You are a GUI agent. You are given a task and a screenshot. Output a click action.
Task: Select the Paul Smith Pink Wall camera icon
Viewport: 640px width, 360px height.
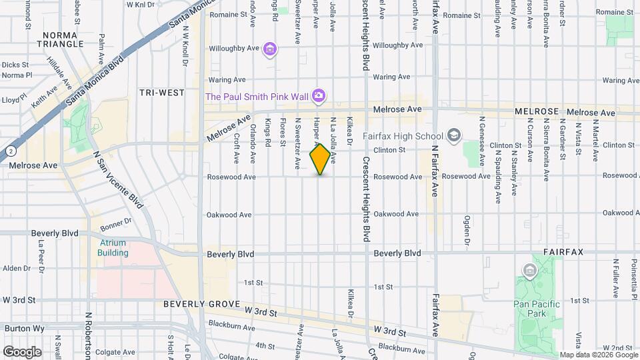tap(319, 97)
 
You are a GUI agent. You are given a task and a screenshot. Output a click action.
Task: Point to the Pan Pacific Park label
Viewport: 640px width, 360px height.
tap(537, 309)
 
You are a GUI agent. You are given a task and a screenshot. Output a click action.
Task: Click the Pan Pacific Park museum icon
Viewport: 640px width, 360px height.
tap(530, 271)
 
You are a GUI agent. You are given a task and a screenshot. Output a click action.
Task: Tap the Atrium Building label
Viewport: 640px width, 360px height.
tap(113, 248)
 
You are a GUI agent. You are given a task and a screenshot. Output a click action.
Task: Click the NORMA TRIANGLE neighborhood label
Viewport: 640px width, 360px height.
tap(63, 39)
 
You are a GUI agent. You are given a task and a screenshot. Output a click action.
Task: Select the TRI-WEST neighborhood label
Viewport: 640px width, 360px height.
tap(161, 93)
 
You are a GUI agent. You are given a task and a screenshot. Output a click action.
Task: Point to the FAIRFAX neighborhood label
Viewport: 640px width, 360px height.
tap(563, 253)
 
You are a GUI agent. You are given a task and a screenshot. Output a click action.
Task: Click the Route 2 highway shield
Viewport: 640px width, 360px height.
tap(11, 151)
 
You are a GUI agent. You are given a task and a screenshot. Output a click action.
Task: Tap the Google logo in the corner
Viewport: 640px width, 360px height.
tap(22, 351)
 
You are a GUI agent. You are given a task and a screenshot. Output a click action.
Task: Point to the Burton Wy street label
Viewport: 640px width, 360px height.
tap(19, 329)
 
